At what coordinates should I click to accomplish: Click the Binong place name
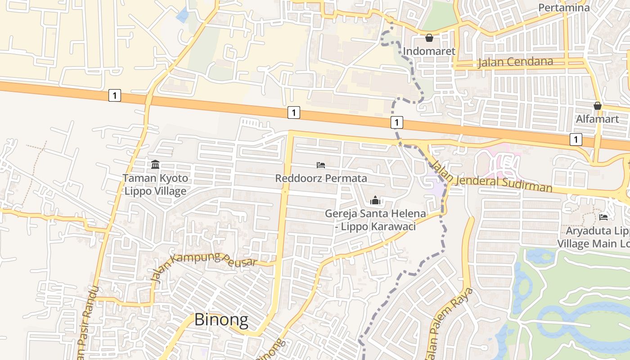pos(221,319)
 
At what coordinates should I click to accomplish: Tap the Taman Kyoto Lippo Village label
pos(155,184)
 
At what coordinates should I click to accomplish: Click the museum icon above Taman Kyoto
pos(155,164)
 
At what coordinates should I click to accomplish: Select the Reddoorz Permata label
pos(321,178)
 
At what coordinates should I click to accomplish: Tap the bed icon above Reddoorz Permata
pos(321,165)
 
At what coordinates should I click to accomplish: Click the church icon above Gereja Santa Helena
pos(375,201)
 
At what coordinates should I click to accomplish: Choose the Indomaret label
pos(429,51)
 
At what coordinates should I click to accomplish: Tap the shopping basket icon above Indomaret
pos(429,38)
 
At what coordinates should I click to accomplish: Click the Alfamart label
pos(597,119)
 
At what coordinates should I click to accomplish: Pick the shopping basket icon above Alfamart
pos(597,106)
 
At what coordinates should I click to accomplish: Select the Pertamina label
pos(564,8)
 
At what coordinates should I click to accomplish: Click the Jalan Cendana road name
pos(515,62)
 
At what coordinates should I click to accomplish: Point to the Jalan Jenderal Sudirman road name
pos(493,176)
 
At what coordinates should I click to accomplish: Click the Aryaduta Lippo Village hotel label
pos(594,237)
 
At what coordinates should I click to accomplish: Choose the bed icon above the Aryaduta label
pos(603,217)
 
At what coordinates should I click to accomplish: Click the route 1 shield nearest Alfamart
pos(576,139)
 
